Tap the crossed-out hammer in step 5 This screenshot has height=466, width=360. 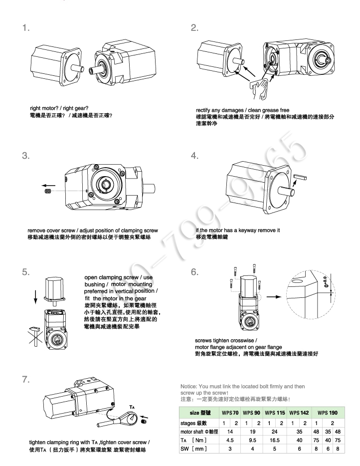pos(38,341)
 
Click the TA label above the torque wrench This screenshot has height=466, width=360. pos(131,393)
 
